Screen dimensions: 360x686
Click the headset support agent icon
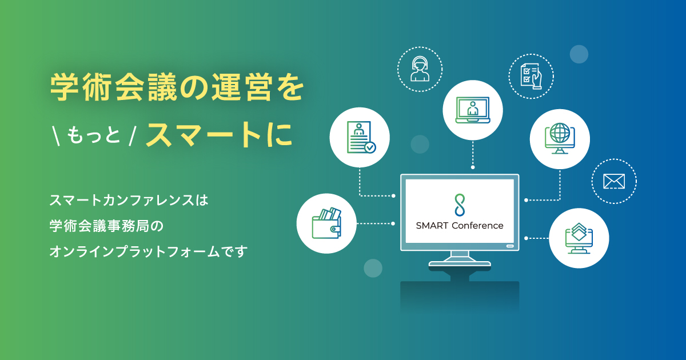point(421,69)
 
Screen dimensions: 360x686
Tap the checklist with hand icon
point(531,76)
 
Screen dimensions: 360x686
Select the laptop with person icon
point(473,109)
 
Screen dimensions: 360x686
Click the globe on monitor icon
point(560,138)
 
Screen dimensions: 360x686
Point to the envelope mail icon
point(614,182)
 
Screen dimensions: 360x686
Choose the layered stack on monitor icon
point(579,238)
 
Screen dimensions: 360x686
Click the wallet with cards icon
point(327,223)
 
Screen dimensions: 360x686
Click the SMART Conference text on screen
point(460,225)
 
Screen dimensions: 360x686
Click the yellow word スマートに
point(218,134)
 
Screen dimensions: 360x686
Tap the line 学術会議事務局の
point(107,226)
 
